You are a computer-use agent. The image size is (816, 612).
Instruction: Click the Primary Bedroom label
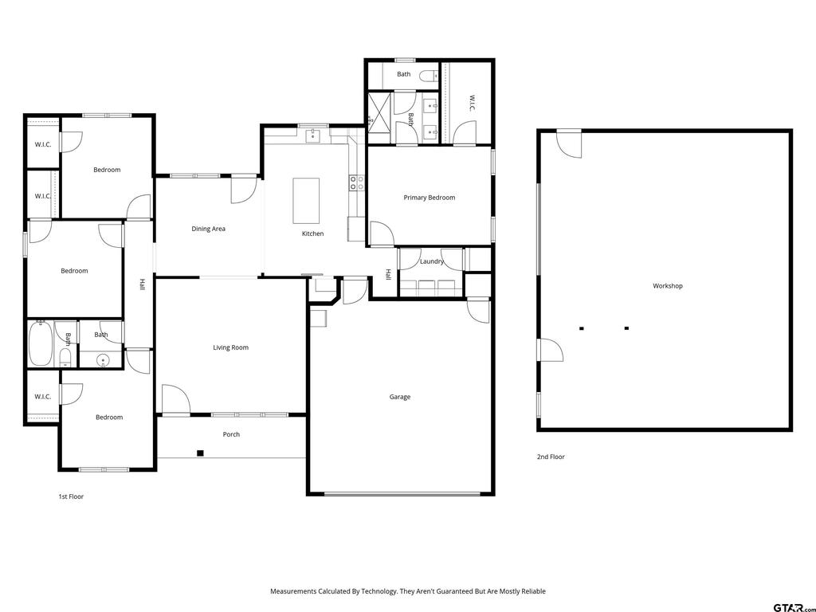click(430, 198)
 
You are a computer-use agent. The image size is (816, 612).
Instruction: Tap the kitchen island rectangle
click(306, 200)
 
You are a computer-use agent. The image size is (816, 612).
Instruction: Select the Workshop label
click(668, 286)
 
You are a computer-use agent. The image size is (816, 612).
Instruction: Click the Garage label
click(400, 397)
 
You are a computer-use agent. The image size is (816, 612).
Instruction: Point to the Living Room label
click(230, 347)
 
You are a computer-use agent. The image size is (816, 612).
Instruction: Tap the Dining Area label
click(208, 229)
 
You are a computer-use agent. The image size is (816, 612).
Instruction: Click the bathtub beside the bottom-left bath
click(40, 344)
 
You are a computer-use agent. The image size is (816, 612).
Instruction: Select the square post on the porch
click(200, 453)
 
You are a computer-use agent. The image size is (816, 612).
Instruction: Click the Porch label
click(231, 434)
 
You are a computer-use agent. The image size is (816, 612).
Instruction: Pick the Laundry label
click(431, 261)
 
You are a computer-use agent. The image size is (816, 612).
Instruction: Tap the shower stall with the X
click(379, 112)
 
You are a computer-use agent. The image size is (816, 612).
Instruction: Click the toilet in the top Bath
click(429, 76)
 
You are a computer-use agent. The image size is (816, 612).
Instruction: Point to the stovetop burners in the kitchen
click(356, 182)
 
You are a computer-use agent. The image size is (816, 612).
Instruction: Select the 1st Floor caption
click(71, 497)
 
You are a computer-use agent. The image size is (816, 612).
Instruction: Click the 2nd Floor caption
click(551, 457)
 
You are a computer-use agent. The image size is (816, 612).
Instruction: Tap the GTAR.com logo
click(794, 607)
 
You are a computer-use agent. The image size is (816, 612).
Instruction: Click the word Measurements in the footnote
click(293, 591)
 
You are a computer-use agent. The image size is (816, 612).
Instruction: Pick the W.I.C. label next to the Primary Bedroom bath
click(472, 103)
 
